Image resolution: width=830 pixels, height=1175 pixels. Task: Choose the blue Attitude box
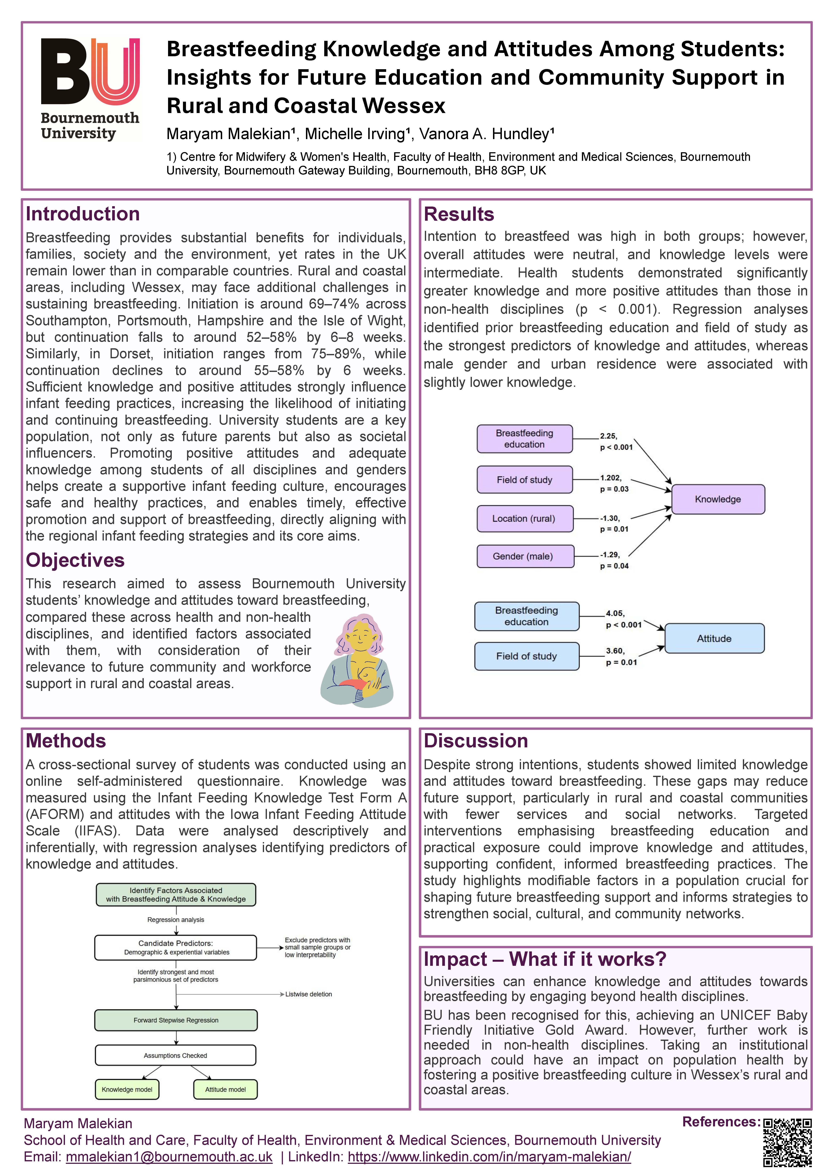[x=714, y=638]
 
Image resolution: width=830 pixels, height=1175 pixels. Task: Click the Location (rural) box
[x=524, y=518]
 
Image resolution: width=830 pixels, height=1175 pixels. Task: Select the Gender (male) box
[x=524, y=556]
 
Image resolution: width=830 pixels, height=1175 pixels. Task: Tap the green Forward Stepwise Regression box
[x=176, y=1020]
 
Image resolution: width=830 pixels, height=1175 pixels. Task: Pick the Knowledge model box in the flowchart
[x=127, y=1089]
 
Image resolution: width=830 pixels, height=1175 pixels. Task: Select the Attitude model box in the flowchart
[x=225, y=1089]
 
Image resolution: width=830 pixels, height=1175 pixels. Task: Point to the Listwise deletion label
[x=309, y=994]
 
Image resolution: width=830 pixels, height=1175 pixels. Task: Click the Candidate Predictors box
[x=176, y=947]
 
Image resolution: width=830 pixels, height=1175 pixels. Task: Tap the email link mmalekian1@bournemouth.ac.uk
[x=169, y=1157]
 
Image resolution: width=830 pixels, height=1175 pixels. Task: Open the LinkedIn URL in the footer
[x=489, y=1157]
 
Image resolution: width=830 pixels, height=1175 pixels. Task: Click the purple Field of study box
[x=524, y=479]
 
